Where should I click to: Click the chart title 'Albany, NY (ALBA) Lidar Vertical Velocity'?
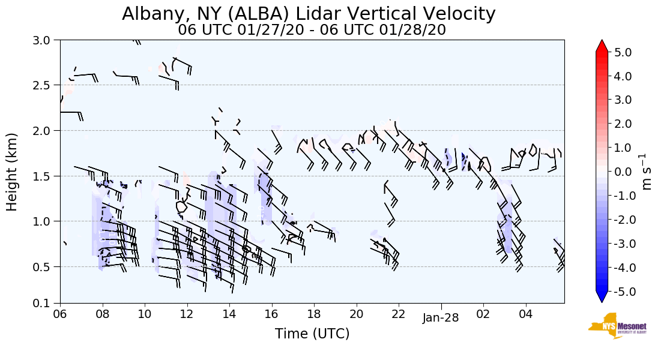coord(309,14)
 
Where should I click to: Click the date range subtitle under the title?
coord(312,29)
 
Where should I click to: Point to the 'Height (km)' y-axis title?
coord(12,172)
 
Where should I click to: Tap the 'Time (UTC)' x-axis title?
coord(312,334)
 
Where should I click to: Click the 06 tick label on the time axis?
coord(60,314)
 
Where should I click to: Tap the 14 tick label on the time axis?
coord(229,314)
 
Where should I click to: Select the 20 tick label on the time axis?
coord(357,314)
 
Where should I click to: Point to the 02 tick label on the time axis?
coord(483,314)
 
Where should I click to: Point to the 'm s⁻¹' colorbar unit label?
coord(647,172)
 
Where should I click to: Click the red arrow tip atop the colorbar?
coord(602,45)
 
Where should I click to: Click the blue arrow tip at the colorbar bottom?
coord(602,298)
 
